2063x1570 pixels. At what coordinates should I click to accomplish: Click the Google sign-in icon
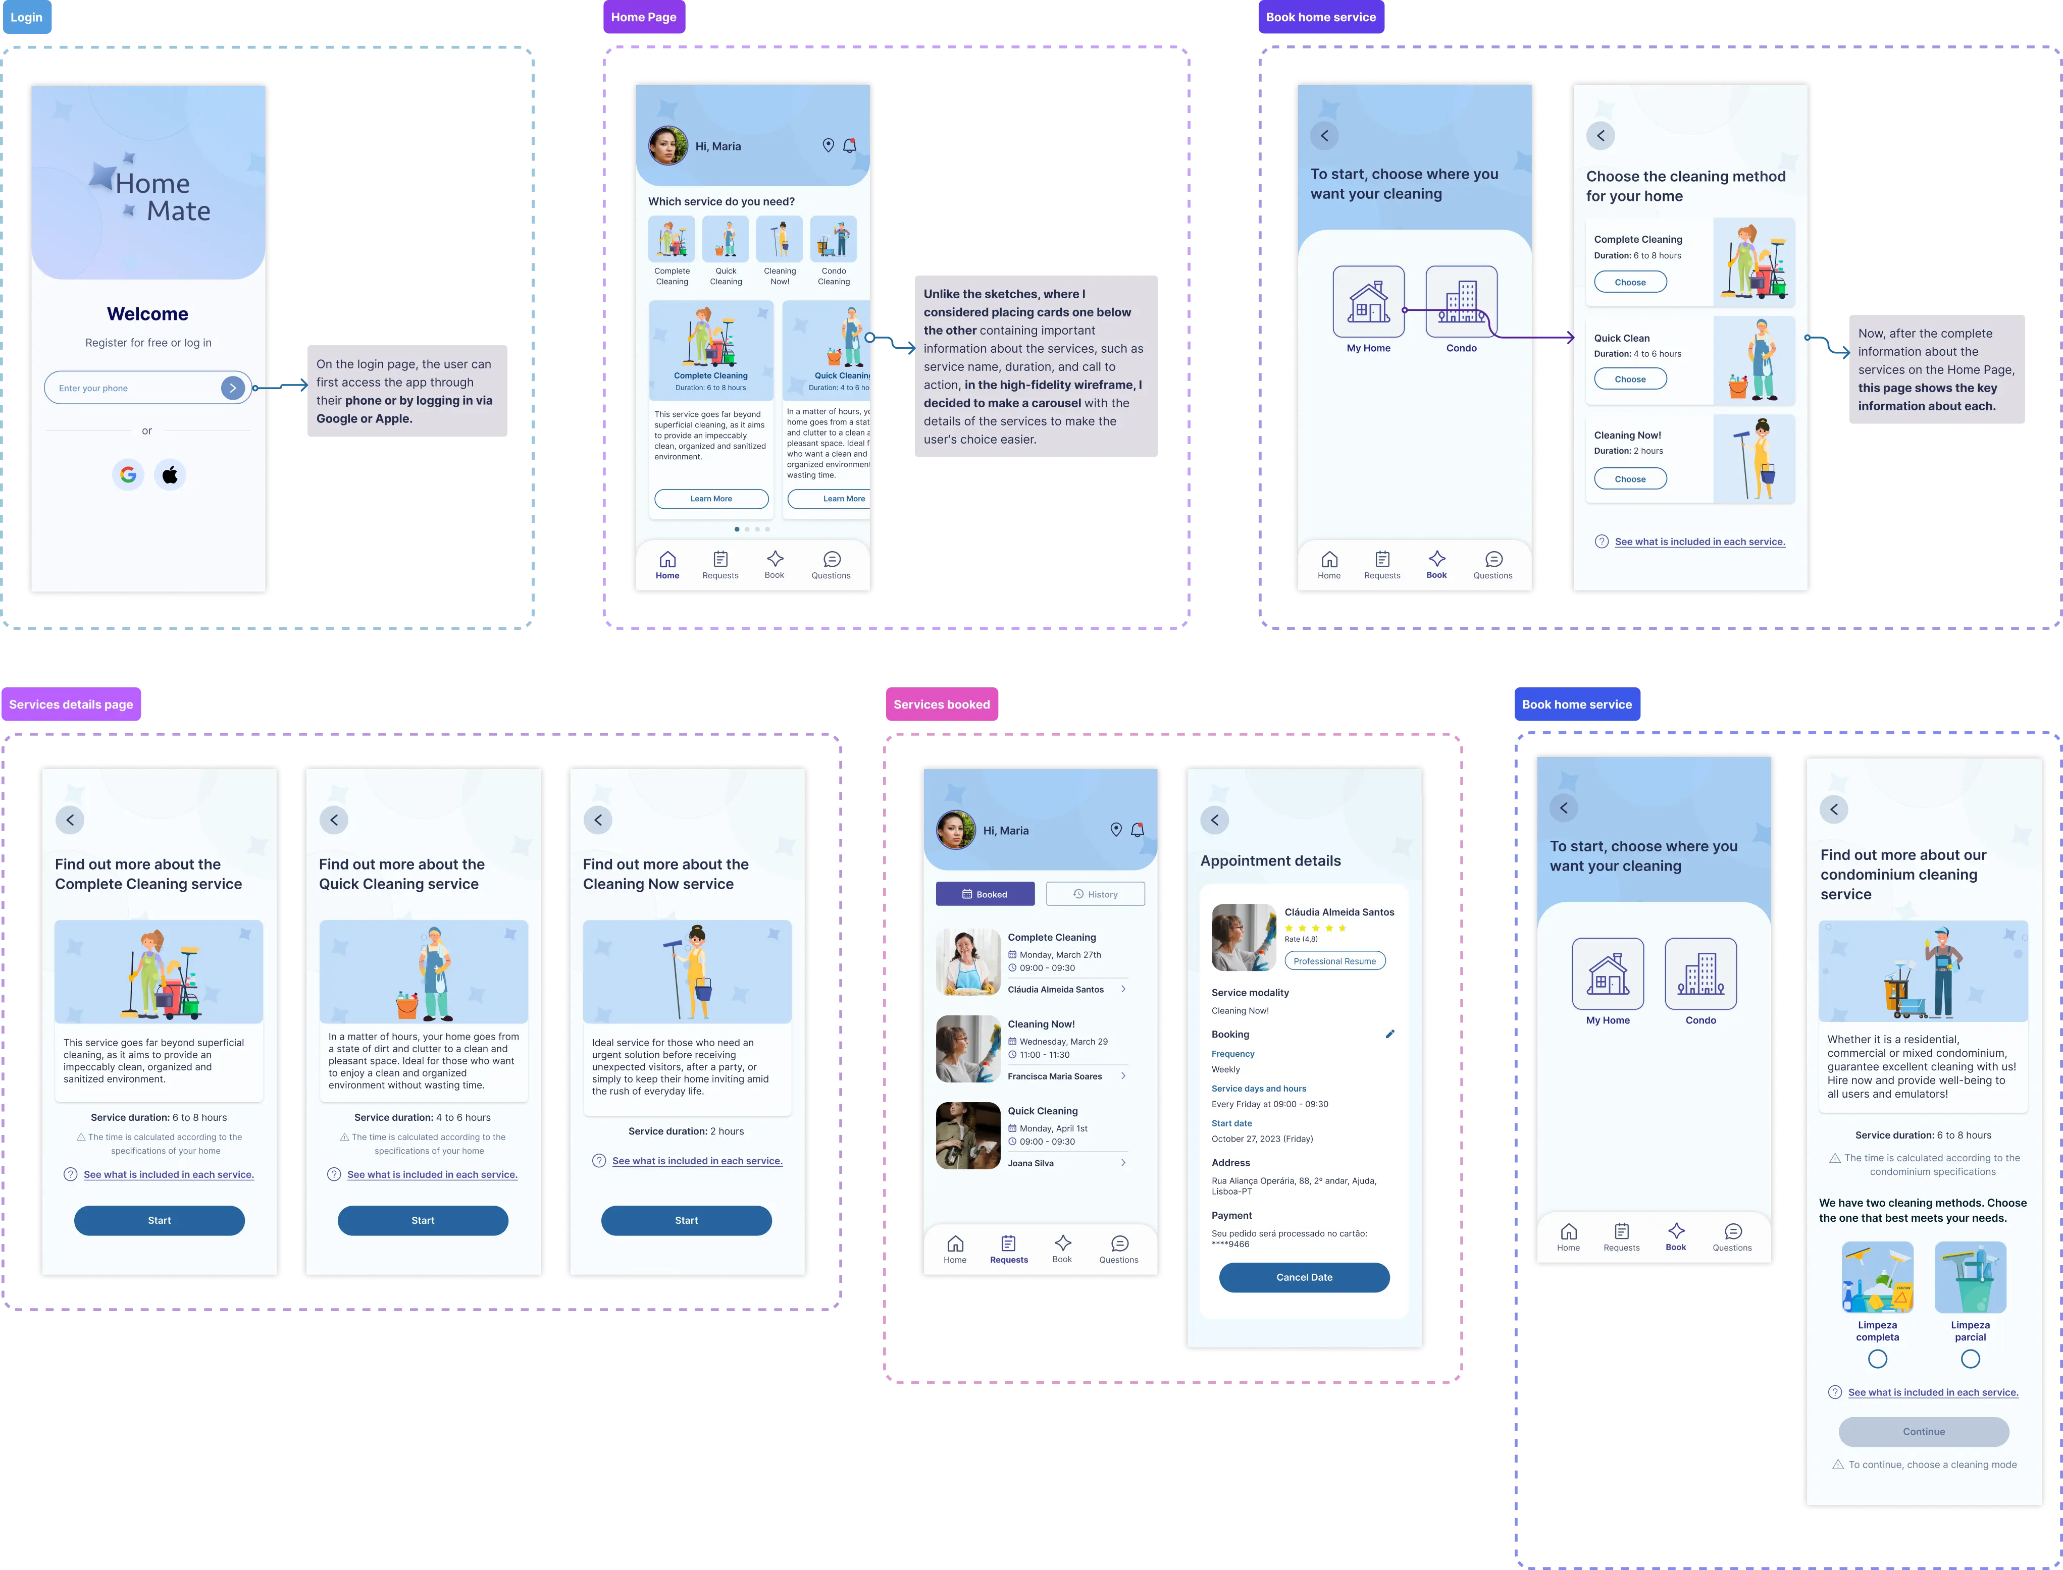(128, 475)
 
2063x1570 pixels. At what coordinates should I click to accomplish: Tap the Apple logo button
(170, 475)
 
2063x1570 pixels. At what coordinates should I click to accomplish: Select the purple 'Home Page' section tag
(644, 17)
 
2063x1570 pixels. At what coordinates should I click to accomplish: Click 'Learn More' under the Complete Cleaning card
(711, 499)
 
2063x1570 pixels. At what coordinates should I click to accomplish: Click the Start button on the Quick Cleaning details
(423, 1220)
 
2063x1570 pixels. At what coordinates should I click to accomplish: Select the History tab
(1096, 894)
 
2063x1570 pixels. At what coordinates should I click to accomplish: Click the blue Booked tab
(985, 894)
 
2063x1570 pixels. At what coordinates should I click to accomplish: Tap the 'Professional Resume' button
(1335, 961)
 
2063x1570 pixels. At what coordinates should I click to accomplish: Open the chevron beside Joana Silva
(1123, 1163)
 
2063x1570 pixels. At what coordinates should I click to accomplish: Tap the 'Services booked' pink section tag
(941, 705)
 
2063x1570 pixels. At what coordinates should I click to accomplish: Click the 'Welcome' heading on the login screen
(148, 314)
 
